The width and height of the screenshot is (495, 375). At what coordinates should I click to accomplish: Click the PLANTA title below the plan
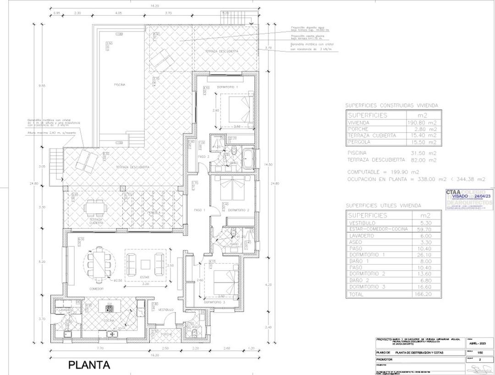coord(89,365)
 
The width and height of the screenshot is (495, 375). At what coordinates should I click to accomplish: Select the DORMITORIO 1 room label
coord(227,87)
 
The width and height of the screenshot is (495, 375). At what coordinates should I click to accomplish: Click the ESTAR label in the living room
coord(145,277)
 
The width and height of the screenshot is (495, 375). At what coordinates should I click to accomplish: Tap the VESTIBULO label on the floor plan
coord(165,310)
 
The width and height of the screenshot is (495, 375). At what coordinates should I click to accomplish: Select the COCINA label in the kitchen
coord(109,321)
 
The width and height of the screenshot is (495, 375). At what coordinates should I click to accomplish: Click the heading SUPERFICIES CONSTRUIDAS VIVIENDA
coord(391,105)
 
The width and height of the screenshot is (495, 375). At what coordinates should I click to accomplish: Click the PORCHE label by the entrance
coord(166,334)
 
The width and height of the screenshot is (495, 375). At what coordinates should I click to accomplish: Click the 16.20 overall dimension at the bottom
coord(154,355)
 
